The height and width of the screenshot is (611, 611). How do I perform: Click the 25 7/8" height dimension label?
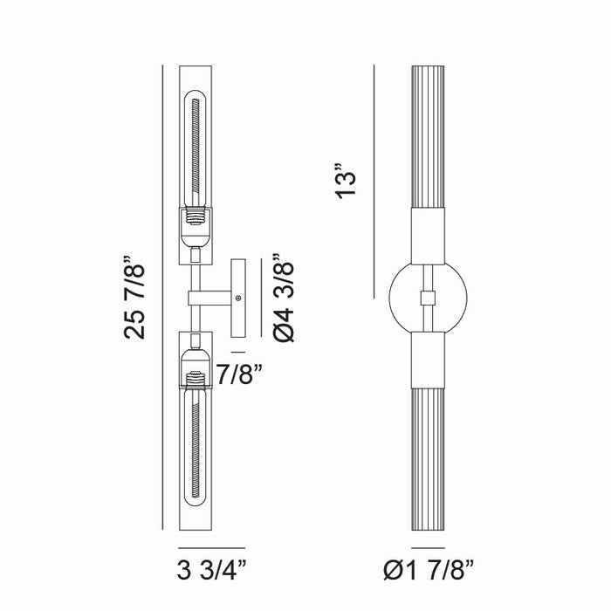(x=134, y=298)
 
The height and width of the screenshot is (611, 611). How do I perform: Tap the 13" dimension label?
(x=346, y=181)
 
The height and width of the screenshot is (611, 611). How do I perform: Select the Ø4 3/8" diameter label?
(x=284, y=298)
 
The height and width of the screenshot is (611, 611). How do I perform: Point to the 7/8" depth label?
(x=239, y=374)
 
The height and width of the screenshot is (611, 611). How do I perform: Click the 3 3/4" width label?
(x=212, y=571)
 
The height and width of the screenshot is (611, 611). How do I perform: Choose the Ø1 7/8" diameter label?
(x=429, y=571)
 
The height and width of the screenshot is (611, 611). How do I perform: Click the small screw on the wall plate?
(x=238, y=299)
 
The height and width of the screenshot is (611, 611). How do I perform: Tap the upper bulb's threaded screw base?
(x=196, y=216)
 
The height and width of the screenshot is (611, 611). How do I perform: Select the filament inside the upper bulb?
(x=196, y=152)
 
